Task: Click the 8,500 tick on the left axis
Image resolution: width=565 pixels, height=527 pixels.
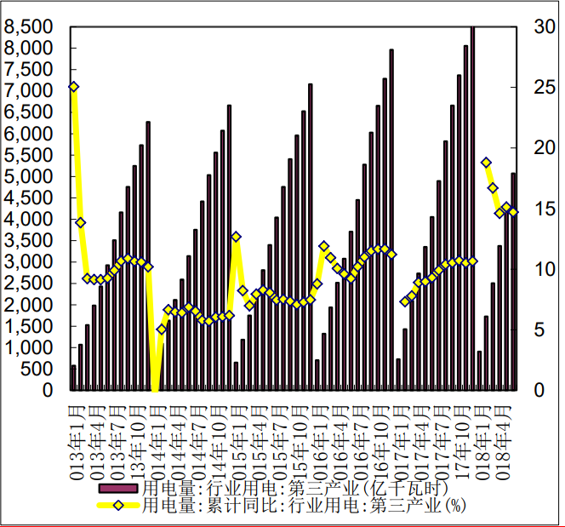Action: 33,27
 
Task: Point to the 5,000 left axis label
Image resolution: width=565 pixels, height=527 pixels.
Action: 33,176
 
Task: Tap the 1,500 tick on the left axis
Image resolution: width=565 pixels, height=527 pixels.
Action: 33,326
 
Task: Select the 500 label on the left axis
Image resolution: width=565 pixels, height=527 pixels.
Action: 40,369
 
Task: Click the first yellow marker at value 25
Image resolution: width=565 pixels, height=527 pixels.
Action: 74,87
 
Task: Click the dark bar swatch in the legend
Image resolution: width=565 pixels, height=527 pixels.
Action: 118,489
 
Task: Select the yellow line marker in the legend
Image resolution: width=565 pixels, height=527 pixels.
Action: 118,505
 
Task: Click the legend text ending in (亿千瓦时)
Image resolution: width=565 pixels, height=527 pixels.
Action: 294,489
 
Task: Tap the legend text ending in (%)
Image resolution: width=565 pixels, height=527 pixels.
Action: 303,505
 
